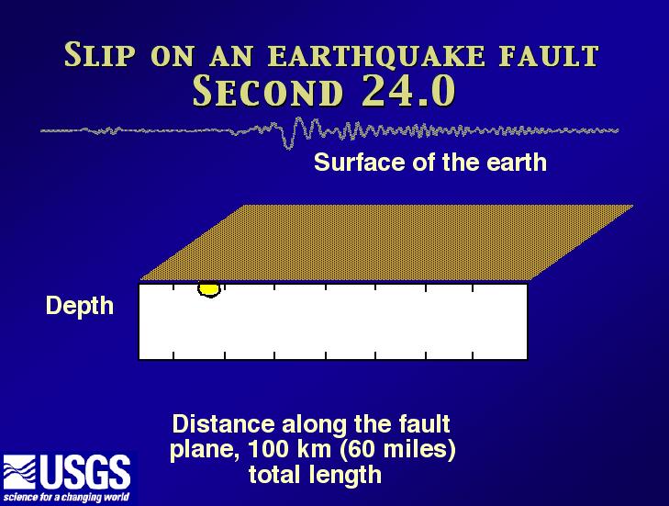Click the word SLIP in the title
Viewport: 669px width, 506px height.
(x=100, y=55)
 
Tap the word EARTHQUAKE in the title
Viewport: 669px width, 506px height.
(x=377, y=56)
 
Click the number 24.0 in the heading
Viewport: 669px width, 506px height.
(x=408, y=91)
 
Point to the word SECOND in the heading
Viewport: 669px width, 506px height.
(x=268, y=92)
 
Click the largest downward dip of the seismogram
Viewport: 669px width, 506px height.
(x=289, y=146)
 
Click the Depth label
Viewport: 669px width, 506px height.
(x=80, y=306)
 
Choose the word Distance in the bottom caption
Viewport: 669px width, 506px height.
(x=224, y=424)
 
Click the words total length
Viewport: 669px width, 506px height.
(x=316, y=475)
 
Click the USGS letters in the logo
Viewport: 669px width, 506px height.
(x=85, y=472)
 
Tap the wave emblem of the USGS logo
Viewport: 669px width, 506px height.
(x=19, y=472)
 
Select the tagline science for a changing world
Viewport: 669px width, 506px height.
(x=66, y=498)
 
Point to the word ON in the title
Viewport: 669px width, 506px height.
(x=173, y=56)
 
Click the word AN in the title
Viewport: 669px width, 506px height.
(x=231, y=56)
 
